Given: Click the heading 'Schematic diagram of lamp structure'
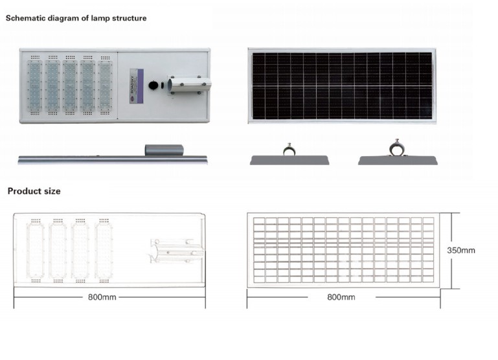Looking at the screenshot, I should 76,18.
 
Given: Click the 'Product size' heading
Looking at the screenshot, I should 34,192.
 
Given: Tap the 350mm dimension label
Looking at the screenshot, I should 461,250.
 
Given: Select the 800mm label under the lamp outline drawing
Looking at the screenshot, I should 103,297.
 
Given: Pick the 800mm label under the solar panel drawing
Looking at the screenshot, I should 341,297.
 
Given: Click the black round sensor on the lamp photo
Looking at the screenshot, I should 153,85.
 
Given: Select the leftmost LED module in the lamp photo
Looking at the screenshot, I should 34,85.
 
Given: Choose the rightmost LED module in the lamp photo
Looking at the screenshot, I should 104,85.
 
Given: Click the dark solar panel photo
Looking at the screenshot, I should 341,85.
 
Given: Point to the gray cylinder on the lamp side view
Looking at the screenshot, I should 164,150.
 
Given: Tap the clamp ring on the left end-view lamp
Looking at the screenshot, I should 289,150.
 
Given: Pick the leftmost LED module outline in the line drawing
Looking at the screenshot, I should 35,251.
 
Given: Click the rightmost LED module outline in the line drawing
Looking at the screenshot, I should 103,251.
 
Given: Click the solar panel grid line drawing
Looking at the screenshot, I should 343,250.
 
